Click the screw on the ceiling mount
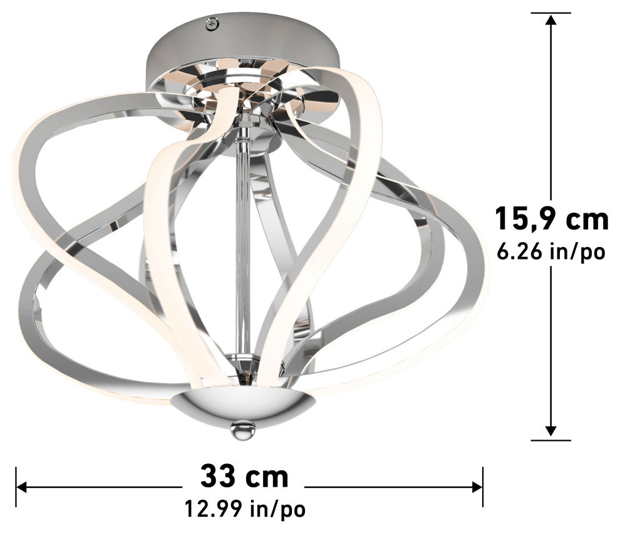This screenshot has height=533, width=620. pos(212,25)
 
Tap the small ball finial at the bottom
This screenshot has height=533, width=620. pos(243,430)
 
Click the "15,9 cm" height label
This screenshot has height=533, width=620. pos(552,218)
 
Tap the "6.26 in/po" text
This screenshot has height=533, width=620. pos(551,252)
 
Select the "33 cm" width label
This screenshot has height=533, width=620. pos(244,477)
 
